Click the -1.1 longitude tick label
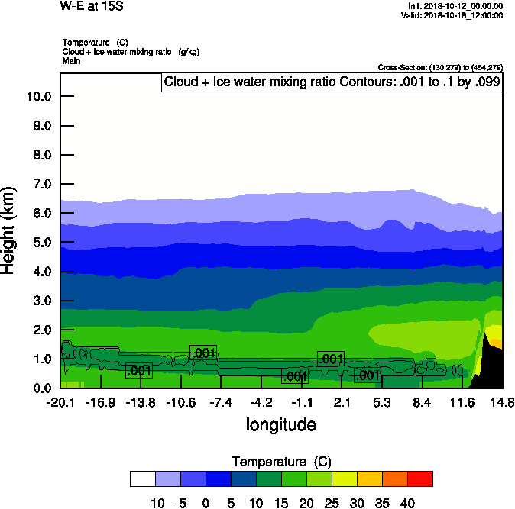click(302, 402)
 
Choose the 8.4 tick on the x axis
click(423, 402)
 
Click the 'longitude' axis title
click(280, 425)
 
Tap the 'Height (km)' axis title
click(9, 230)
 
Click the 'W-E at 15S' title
click(90, 6)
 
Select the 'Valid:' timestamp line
click(455, 15)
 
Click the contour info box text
click(332, 82)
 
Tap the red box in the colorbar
click(419, 478)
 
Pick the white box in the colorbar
click(143, 478)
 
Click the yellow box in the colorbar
click(344, 478)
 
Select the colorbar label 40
click(407, 504)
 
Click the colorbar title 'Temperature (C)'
click(280, 462)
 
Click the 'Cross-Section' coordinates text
click(440, 68)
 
